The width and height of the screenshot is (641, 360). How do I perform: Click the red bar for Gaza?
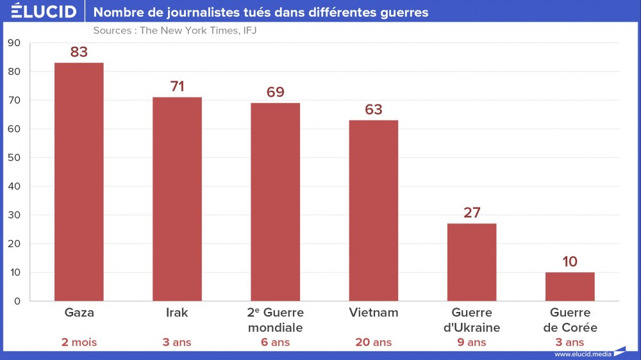coord(79,182)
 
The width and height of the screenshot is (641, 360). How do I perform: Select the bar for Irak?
coord(177,199)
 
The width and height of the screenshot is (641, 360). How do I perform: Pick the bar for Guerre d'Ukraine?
coord(472,262)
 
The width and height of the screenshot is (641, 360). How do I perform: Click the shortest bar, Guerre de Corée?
coord(570,286)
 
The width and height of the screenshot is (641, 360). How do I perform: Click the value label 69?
coord(275,92)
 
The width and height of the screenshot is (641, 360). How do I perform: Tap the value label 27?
coord(472,213)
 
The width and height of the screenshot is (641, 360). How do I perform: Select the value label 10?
coord(570,261)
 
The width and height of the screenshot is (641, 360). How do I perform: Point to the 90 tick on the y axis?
coord(14,43)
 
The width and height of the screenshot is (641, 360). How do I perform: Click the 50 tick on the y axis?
coord(14,158)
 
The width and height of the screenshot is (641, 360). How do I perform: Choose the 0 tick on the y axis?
coord(17,301)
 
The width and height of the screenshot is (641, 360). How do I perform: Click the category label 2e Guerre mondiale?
coord(275,320)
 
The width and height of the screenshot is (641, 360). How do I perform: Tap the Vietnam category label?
coord(374,313)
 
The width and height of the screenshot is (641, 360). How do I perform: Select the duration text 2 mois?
coord(79,342)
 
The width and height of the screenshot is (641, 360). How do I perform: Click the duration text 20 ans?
coord(374,342)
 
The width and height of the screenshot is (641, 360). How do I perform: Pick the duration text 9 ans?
coord(472,342)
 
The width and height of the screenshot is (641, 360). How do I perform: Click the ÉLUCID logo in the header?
coord(44,12)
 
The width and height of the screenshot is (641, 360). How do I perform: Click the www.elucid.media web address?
coord(583,354)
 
